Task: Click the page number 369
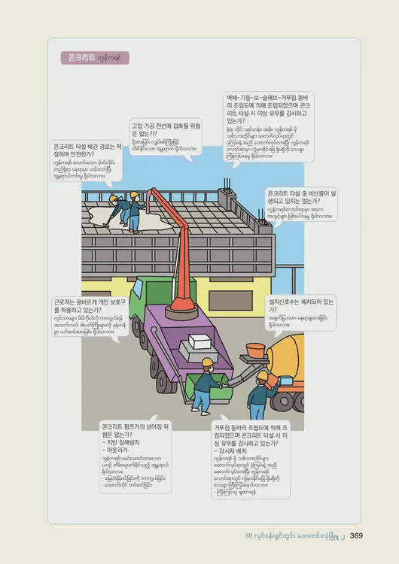coord(357,535)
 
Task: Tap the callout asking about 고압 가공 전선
coord(165,136)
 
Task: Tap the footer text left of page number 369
coord(295,535)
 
